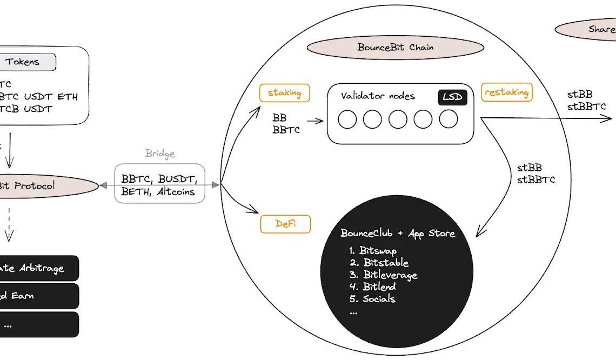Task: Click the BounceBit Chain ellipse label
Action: [x=395, y=48]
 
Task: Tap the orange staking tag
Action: [x=285, y=92]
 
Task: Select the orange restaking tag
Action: [x=506, y=92]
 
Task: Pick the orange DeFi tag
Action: [x=285, y=224]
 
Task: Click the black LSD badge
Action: [x=452, y=97]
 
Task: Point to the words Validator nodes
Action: [x=378, y=96]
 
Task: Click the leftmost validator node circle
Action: [x=347, y=119]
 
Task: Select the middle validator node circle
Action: [x=398, y=119]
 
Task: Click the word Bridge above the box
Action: [x=160, y=154]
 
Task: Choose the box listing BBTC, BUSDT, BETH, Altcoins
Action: [x=160, y=184]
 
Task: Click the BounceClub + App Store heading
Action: [x=398, y=234]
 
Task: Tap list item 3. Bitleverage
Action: [x=383, y=275]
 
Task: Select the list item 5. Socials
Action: [x=372, y=299]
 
